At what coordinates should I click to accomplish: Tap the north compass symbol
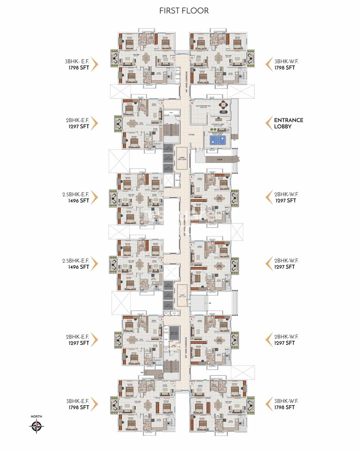pos(36,427)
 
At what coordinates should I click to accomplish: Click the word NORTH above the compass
pos(36,417)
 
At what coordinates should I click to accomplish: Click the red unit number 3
pos(162,319)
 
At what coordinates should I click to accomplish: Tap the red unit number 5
pos(162,260)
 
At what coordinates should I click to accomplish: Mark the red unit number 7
pos(162,194)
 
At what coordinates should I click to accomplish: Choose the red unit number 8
pos(192,177)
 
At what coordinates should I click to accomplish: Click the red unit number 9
pos(162,102)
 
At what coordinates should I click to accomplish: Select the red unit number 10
pos(192,102)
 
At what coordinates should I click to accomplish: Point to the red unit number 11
pos(173,57)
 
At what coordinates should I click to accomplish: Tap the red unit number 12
pos(192,57)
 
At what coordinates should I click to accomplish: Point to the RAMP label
pos(220,159)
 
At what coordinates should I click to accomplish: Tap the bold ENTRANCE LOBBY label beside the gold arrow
pos(288,123)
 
